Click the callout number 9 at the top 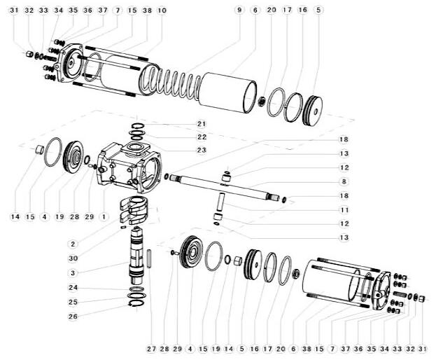coord(239,11)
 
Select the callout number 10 coord(162,11)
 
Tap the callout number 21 coord(202,124)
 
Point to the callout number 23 coord(202,150)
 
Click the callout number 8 coord(344,181)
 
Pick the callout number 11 coord(344,210)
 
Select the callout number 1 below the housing coord(104,217)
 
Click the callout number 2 coord(73,244)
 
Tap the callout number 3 coord(73,273)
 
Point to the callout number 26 coord(73,316)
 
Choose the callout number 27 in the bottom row coord(151,349)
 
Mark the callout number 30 coord(73,258)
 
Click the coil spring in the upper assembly coord(171,80)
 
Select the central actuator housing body coord(129,167)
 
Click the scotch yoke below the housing coord(134,210)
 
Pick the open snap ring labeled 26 coord(136,303)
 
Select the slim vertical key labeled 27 coord(150,258)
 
